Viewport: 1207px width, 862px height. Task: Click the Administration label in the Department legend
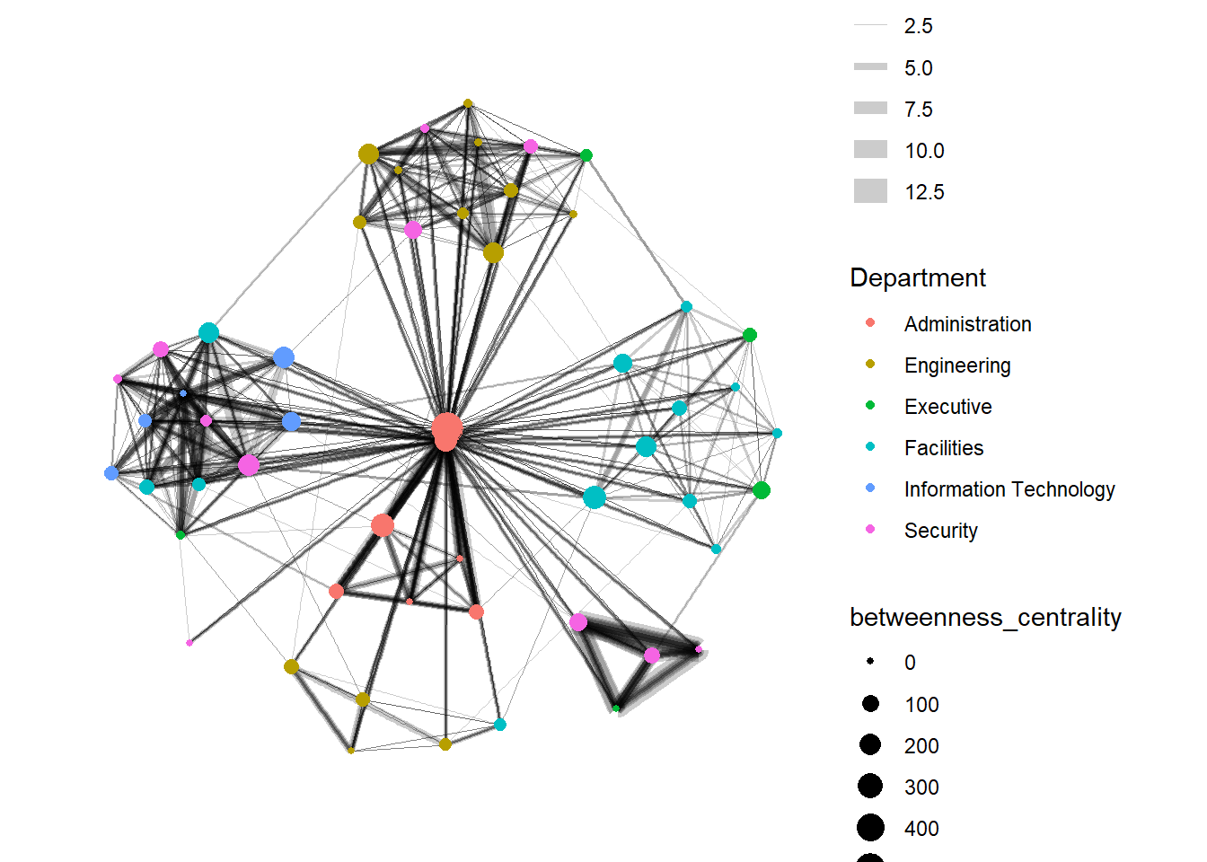pos(967,324)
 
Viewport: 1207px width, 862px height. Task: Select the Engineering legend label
pos(957,365)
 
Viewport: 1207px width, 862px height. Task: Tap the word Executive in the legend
pos(947,407)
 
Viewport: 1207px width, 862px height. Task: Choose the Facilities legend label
pos(943,448)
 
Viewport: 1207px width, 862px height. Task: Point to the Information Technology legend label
pos(1009,489)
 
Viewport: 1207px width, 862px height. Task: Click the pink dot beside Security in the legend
pos(869,530)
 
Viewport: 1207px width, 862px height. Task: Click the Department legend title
pos(917,278)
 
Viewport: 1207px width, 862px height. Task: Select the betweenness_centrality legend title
pos(985,618)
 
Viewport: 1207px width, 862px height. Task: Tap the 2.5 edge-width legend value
pos(918,26)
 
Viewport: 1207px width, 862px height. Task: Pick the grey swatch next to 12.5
pos(870,191)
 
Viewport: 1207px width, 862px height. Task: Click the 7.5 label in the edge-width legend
pos(918,110)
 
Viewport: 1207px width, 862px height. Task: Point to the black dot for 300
pos(869,787)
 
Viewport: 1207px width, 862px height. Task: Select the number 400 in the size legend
pos(921,829)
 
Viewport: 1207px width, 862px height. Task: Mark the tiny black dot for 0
pos(869,662)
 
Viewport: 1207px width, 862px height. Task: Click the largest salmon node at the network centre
pos(446,429)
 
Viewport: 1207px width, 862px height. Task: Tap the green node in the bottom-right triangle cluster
pos(616,708)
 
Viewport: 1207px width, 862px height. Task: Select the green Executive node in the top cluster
pos(586,155)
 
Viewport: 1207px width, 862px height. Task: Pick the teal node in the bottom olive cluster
pos(500,725)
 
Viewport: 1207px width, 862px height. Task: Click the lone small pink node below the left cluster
pos(189,643)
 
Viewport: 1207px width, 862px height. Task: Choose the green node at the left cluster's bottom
pos(181,535)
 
